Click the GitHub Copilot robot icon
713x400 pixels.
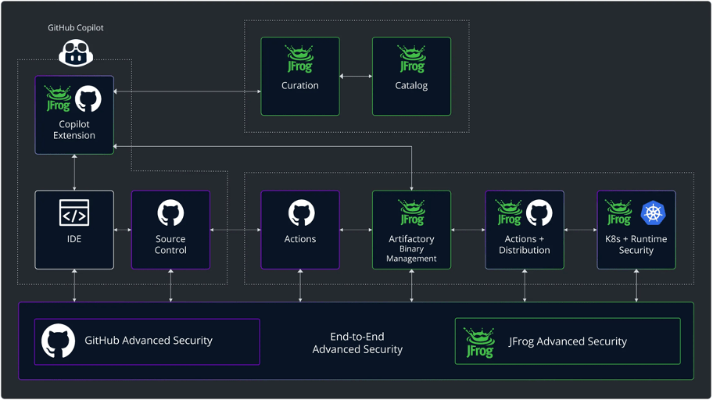tap(74, 52)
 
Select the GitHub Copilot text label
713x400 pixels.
tap(75, 28)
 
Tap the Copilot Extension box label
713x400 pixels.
tap(74, 130)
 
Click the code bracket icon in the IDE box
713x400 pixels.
tap(74, 212)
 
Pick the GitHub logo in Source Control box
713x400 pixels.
tap(170, 212)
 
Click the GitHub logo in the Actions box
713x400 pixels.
tap(300, 212)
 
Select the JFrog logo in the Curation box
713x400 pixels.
tap(300, 59)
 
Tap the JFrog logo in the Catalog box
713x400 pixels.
tap(411, 59)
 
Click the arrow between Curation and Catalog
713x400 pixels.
tap(356, 76)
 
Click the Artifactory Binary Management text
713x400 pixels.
tap(411, 248)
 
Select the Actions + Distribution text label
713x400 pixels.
tap(524, 245)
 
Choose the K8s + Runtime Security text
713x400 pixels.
tap(636, 245)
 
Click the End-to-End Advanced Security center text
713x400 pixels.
tap(357, 343)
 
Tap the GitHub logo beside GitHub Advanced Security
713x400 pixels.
tap(58, 341)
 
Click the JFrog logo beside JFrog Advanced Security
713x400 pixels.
tap(479, 341)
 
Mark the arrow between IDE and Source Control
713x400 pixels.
tap(123, 230)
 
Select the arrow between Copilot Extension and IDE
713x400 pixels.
tap(74, 172)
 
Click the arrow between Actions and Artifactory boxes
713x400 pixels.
tap(356, 230)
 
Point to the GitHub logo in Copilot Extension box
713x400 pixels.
tap(88, 99)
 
